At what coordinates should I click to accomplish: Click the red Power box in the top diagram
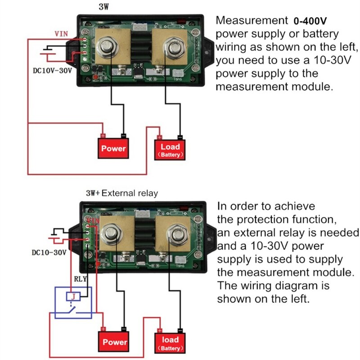click(x=114, y=148)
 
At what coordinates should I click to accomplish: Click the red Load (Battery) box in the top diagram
click(x=170, y=149)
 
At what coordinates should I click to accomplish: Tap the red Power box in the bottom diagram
click(x=114, y=342)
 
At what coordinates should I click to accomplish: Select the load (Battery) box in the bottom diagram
click(x=170, y=343)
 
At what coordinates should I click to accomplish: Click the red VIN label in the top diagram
click(x=62, y=34)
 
